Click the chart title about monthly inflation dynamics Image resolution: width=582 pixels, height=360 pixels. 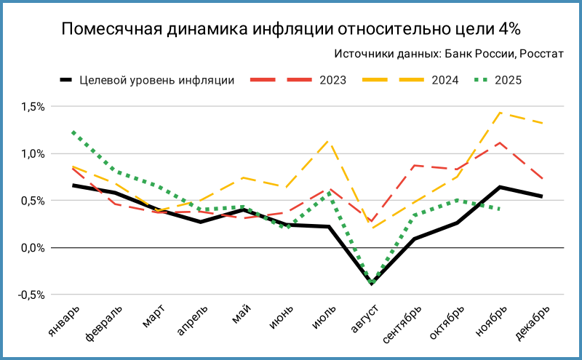coord(290,29)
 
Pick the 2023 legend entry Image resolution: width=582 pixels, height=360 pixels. coord(332,80)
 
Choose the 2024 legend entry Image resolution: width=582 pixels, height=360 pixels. coord(445,80)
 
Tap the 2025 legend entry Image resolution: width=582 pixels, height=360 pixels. coord(509,80)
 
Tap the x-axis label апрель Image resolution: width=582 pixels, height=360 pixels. coord(191,320)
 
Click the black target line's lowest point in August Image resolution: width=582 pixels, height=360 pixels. coord(371,284)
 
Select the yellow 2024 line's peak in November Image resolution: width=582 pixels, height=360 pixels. coord(500,112)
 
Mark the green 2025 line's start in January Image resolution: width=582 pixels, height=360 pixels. coord(73,132)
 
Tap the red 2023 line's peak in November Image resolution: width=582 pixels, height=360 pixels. coord(500,143)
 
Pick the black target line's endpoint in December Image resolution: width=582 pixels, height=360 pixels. coord(543,196)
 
